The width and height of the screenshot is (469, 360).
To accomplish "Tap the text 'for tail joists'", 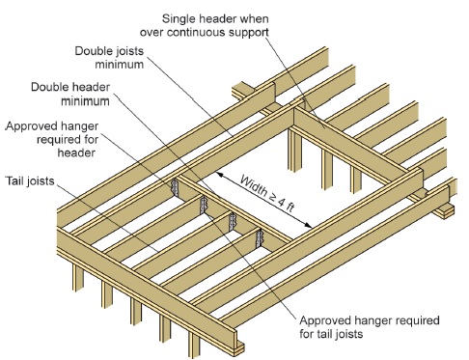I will (333, 334).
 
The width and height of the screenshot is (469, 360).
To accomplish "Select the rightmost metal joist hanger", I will (259, 236).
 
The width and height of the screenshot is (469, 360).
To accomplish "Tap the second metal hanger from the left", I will (204, 205).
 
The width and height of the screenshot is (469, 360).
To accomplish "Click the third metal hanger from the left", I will (232, 221).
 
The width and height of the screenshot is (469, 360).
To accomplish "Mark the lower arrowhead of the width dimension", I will (316, 229).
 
